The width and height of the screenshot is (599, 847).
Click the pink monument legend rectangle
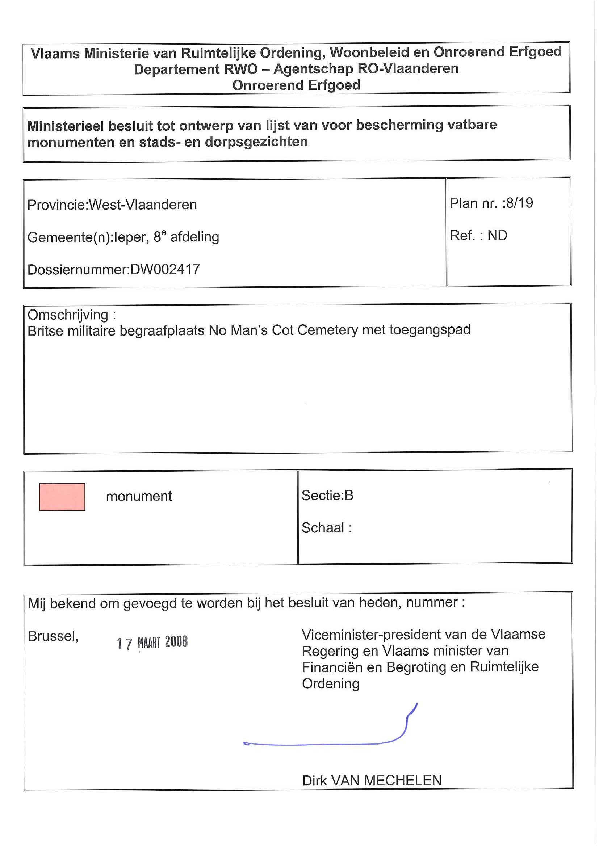coord(62,497)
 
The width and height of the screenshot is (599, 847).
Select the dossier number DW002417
coord(165,269)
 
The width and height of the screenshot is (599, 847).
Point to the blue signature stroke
coord(325,743)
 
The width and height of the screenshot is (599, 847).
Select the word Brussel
coord(53,636)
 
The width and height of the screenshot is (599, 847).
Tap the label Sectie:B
coord(327,495)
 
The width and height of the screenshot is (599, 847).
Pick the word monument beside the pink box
coord(139,496)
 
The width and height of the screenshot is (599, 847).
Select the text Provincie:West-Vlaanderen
coord(112,205)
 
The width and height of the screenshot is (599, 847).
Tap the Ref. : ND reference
coord(478,235)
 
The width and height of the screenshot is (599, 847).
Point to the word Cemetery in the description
coord(328,330)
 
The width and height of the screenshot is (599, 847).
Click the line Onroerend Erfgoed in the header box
coord(296,85)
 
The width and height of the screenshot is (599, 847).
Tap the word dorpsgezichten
coord(256,142)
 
